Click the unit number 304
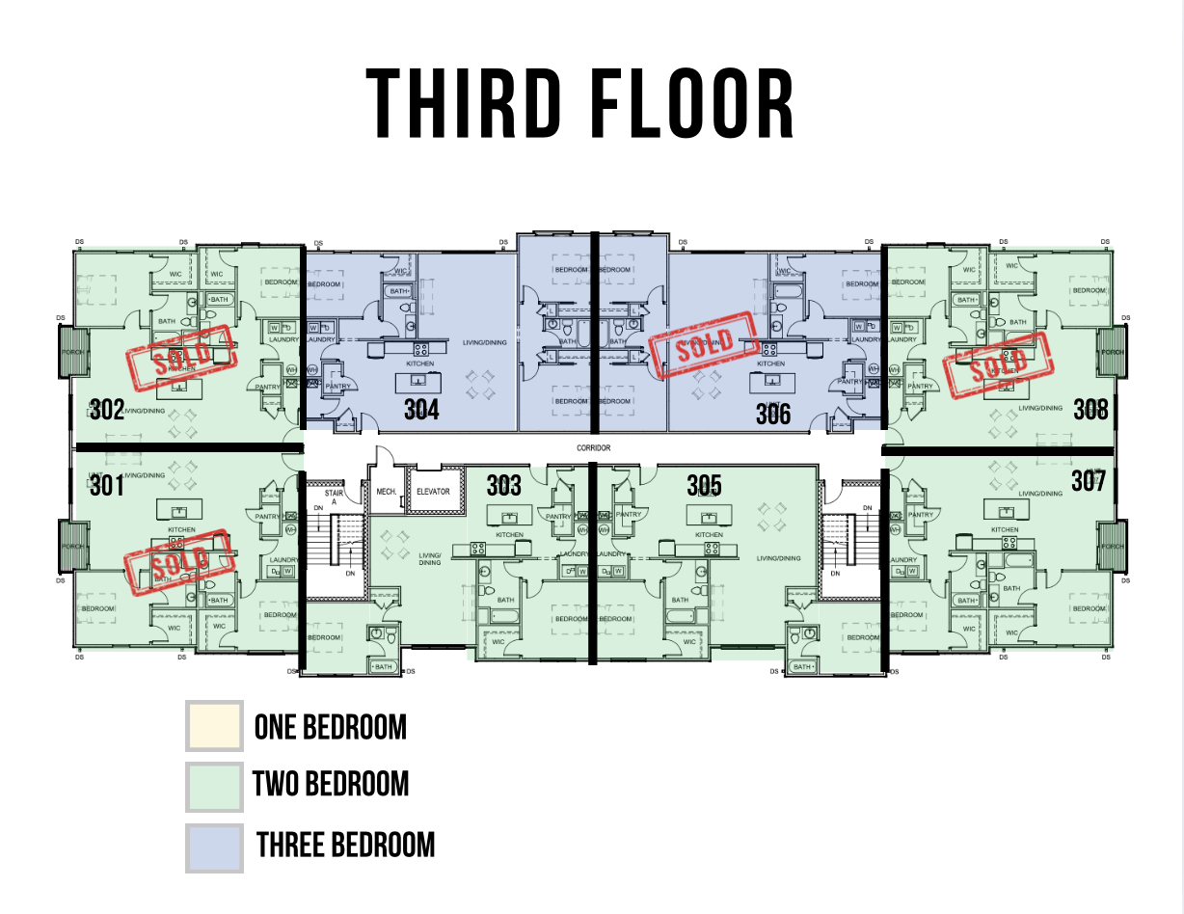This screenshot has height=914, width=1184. click(421, 410)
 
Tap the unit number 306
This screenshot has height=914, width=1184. click(772, 414)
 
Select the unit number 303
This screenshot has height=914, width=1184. click(503, 484)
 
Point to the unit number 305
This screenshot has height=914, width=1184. click(705, 484)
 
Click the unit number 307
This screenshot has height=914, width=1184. click(1088, 480)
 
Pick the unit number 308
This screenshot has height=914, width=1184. click(1090, 410)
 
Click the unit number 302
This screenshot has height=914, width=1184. click(107, 410)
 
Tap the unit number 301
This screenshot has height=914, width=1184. click(107, 485)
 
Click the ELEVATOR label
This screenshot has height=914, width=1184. click(433, 492)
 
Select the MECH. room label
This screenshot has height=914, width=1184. click(387, 492)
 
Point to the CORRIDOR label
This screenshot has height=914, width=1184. click(594, 448)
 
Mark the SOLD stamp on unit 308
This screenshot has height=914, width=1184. click(997, 364)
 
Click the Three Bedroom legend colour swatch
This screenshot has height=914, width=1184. click(214, 846)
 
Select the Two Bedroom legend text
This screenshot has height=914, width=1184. click(331, 784)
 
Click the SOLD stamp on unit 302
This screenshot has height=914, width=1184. click(181, 359)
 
